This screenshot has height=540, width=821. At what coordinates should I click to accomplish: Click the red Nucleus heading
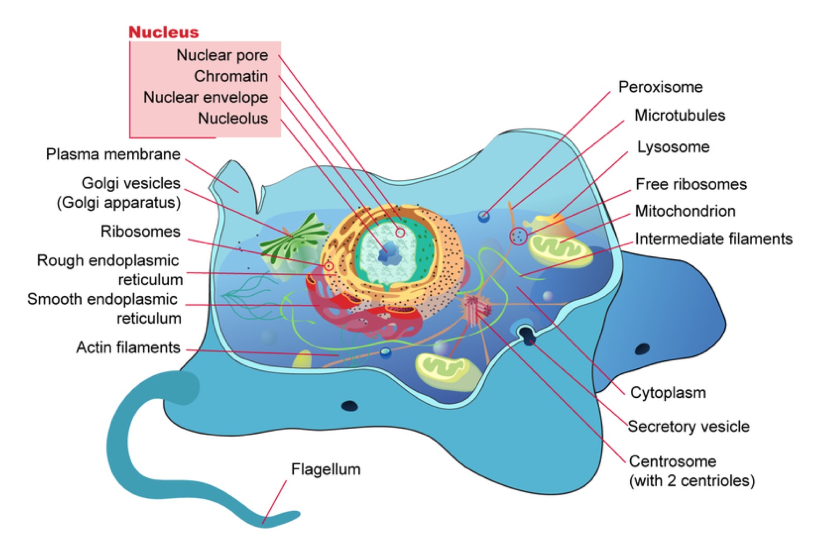163,32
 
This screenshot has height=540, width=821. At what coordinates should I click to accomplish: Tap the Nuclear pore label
222,55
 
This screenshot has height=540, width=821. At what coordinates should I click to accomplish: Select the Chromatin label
231,76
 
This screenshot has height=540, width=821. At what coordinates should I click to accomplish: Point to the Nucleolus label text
233,118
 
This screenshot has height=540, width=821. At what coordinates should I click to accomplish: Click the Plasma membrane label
113,154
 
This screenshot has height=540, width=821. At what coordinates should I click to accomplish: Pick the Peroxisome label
660,87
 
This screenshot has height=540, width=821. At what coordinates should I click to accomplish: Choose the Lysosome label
673,147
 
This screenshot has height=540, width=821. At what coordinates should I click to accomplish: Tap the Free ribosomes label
691,184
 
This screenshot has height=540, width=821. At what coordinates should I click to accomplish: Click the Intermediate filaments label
714,238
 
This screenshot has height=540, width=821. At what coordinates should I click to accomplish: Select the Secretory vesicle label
689,426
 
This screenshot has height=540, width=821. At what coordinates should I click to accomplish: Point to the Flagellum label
326,469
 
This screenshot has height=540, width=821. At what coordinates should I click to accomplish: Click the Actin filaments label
128,347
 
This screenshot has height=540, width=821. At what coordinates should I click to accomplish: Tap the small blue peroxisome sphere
484,216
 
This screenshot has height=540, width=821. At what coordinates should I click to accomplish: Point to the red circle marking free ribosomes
518,236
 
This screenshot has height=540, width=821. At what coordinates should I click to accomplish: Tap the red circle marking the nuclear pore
400,232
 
